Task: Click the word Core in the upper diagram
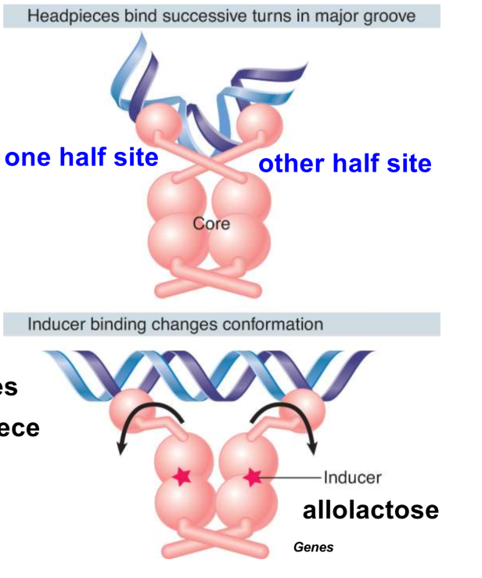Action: tap(211, 224)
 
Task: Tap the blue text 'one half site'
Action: tap(81, 157)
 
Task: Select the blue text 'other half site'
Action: tap(345, 164)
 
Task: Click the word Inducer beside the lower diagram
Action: tap(353, 476)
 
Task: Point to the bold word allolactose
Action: tap(370, 511)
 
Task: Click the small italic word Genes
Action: tap(313, 547)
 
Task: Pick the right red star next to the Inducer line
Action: tap(252, 476)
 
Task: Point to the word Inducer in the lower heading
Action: tap(54, 324)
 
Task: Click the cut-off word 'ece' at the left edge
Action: tap(20, 428)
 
